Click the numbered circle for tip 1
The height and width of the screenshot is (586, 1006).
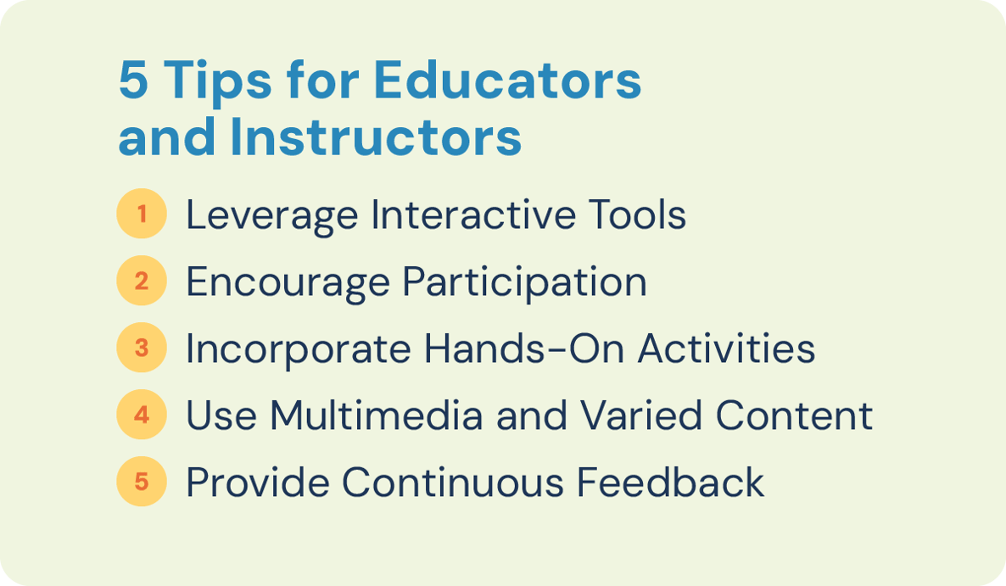[x=142, y=214]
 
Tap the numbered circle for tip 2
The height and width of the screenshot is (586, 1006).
[x=142, y=281]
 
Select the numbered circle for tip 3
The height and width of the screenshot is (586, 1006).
[x=142, y=348]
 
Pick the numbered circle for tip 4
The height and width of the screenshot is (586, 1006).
[x=142, y=415]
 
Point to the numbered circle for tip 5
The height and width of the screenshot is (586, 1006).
[x=142, y=482]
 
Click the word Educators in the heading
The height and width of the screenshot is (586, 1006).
[x=507, y=82]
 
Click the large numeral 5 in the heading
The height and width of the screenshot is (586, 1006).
[x=134, y=82]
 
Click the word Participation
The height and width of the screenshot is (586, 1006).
[x=524, y=282]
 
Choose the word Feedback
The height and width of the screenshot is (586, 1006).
[x=671, y=483]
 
